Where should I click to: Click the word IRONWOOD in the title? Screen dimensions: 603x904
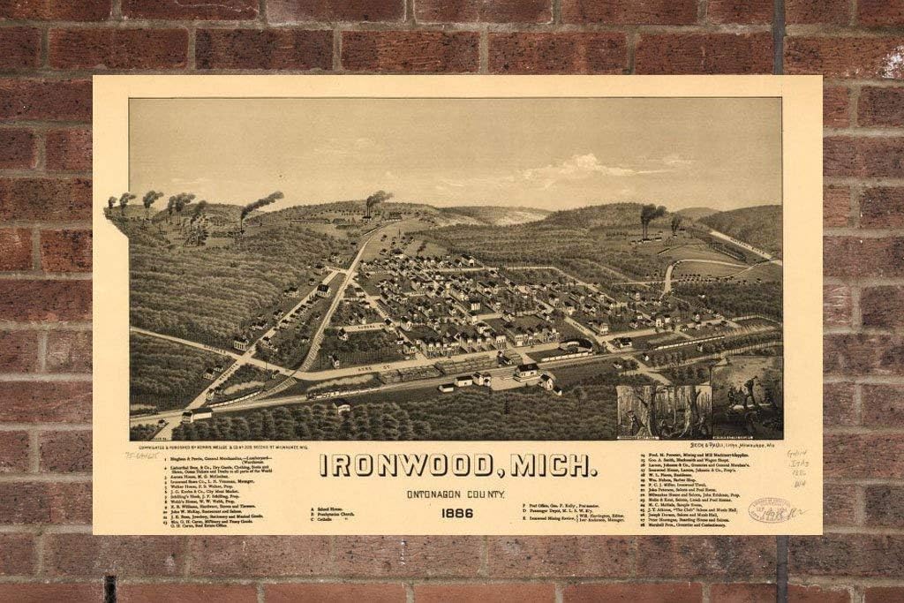[x=409, y=465]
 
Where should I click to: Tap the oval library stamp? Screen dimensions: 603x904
[x=771, y=509]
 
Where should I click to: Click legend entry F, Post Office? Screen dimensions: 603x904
[x=555, y=504]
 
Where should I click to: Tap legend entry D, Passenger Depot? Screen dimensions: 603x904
[x=561, y=511]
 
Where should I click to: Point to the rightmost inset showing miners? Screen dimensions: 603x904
[x=746, y=397]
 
